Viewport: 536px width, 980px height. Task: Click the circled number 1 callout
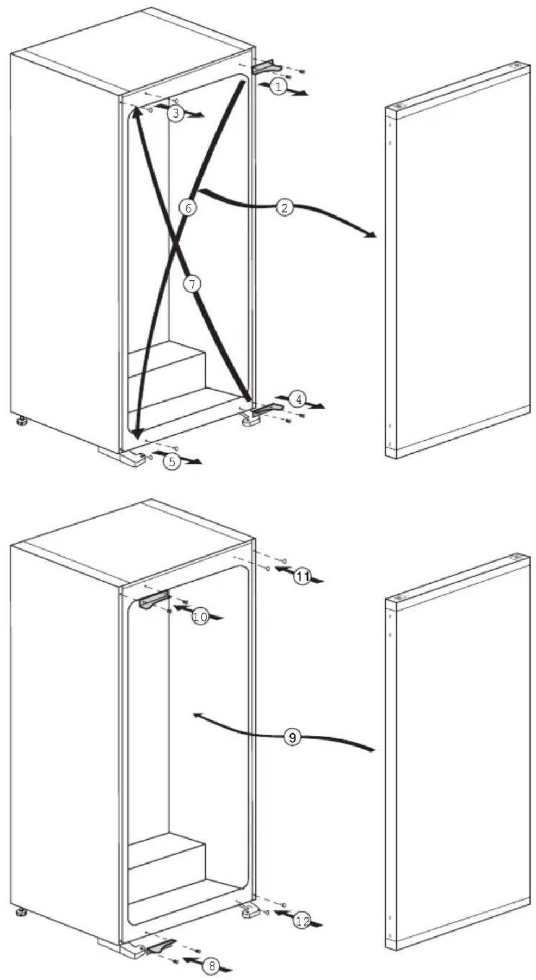(278, 87)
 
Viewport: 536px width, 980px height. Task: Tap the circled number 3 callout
(175, 113)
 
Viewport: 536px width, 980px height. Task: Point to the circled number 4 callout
(298, 399)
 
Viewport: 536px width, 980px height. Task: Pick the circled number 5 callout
(172, 462)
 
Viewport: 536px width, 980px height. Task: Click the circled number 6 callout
(187, 208)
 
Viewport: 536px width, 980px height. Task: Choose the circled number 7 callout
(192, 283)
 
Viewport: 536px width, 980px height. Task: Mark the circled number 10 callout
(200, 617)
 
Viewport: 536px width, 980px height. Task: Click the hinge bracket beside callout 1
(267, 66)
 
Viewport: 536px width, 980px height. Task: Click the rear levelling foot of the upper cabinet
(21, 421)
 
